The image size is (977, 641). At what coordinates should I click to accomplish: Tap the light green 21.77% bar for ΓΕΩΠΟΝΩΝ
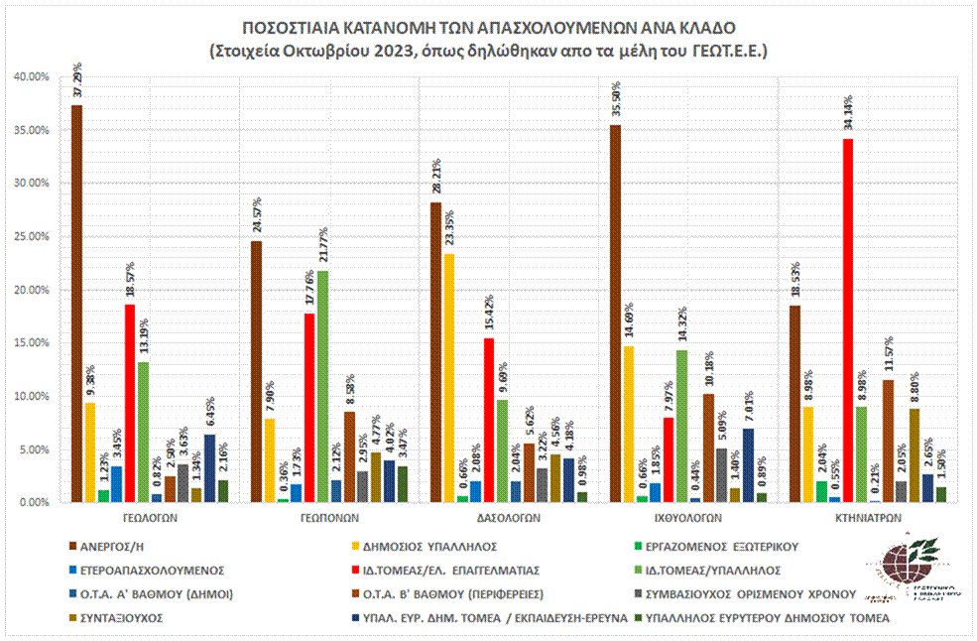pos(322,386)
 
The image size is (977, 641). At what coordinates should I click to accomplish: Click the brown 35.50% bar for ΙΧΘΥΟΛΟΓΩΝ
pos(616,313)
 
